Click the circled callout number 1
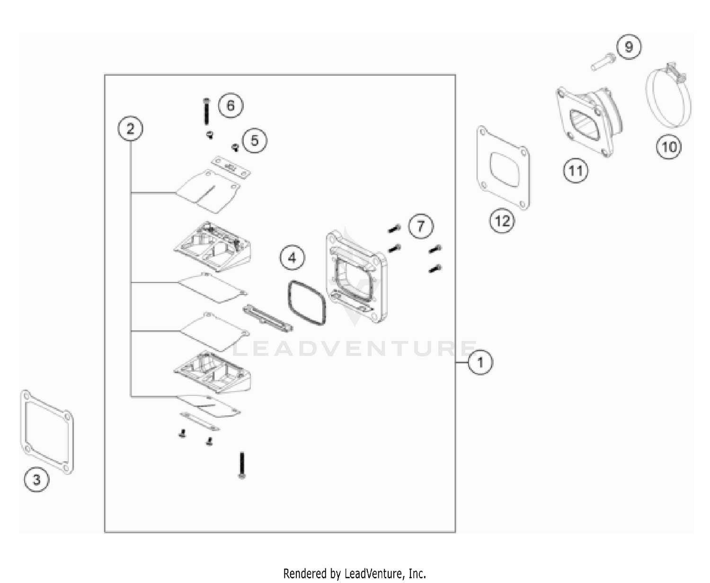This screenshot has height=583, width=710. pos(480,362)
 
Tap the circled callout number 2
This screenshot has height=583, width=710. pos(130,129)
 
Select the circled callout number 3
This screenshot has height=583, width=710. pos(36,479)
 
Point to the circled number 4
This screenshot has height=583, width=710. pos(292,258)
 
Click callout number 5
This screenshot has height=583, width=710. pos(254,140)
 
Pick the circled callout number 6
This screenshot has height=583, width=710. pos(230,106)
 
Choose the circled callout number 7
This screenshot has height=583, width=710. pos(421,226)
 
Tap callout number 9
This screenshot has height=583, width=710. pos(629,47)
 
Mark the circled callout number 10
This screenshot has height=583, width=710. pos(669,147)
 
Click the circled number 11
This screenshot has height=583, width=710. pos(576,170)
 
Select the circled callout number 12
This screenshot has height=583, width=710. pos(502,221)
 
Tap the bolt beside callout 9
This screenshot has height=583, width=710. pos(603,62)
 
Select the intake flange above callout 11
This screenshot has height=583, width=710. pos(589,121)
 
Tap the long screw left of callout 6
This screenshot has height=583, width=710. pos(206,111)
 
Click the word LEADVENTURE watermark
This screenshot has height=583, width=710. pos(355,348)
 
